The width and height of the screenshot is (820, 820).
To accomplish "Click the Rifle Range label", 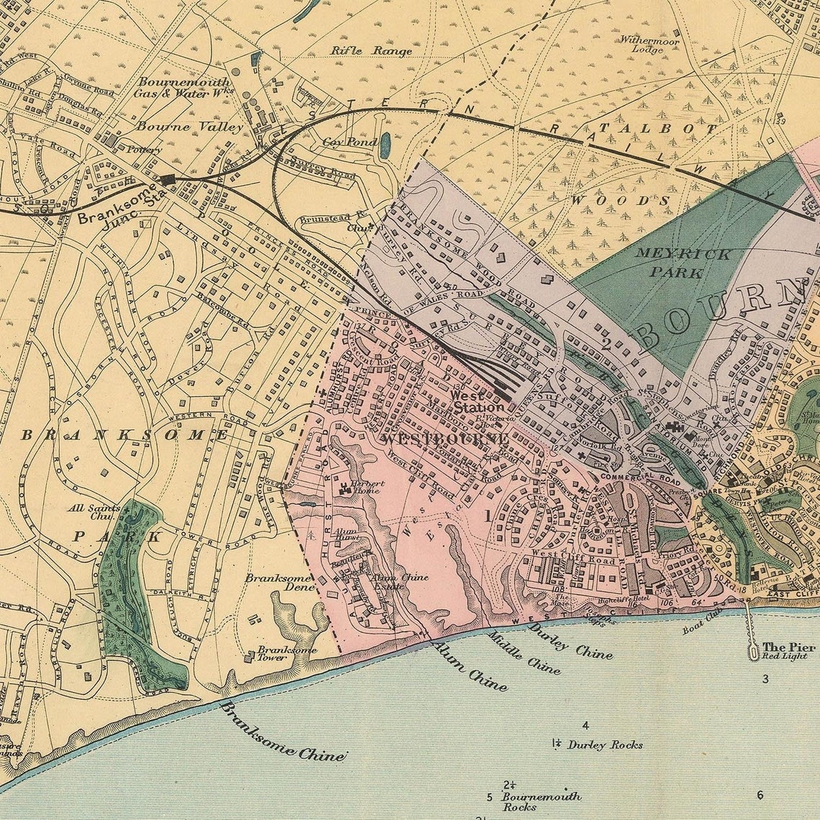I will pos(371,51).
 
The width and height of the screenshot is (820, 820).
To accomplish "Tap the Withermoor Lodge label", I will pos(650,45).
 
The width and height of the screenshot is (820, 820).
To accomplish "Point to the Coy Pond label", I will pos(349,142).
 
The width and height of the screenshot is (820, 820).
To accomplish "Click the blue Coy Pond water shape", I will pos(386,145).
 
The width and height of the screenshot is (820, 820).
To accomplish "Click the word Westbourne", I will pos(445,438).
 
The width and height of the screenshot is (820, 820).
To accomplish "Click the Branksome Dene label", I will pos(279,582).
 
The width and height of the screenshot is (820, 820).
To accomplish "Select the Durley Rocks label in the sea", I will pos(604,745).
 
